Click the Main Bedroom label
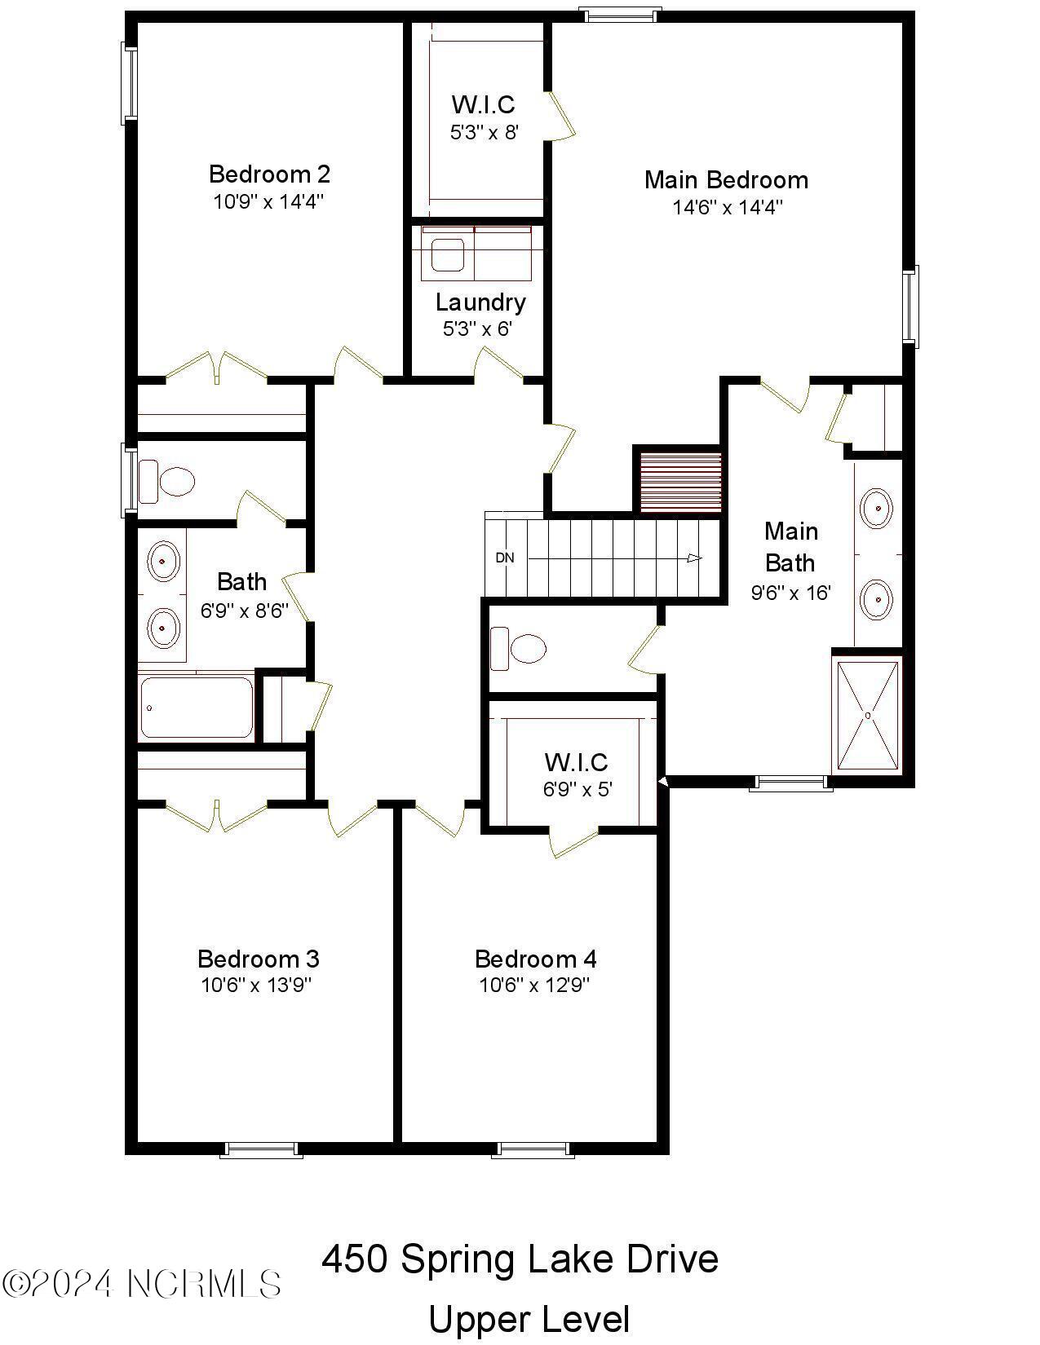[x=726, y=180]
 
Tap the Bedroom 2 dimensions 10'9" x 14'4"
[x=269, y=201]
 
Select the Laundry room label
[x=480, y=302]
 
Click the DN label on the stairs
[x=505, y=558]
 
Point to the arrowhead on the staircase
[x=694, y=558]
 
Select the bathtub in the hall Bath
[x=196, y=708]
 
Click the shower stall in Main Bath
[x=868, y=716]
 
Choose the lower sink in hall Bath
[x=163, y=628]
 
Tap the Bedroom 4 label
[x=535, y=959]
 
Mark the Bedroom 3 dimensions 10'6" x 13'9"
[x=257, y=986]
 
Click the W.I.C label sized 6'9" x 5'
[x=576, y=762]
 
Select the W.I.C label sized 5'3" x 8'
[x=483, y=104]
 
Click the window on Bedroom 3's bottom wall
[x=262, y=1149]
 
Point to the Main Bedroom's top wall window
[x=619, y=13]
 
